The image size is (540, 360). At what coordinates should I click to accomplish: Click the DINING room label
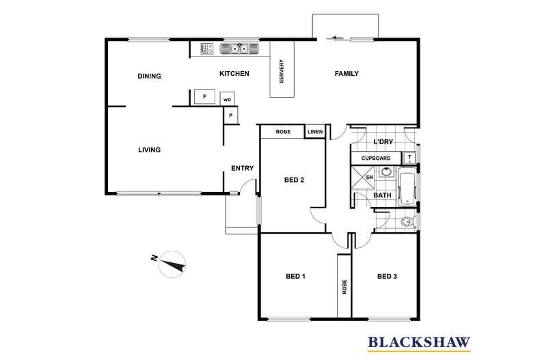(149, 76)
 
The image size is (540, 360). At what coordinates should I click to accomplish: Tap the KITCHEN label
(234, 74)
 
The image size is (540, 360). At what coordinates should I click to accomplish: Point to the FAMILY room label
(347, 74)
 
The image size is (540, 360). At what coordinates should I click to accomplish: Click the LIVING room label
(149, 150)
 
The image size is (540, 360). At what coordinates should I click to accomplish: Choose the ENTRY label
(243, 168)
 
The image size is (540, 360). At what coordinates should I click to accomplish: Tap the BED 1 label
(295, 277)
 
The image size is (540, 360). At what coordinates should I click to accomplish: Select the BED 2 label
(294, 180)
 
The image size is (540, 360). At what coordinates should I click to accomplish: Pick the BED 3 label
(387, 277)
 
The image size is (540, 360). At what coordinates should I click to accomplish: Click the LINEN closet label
(314, 132)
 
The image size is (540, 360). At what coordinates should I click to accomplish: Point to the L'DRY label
(383, 142)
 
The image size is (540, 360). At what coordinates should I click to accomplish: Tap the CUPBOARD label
(376, 158)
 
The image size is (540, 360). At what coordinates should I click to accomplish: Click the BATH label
(381, 195)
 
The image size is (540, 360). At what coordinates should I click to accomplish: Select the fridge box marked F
(204, 96)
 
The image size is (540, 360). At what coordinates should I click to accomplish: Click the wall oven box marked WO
(228, 99)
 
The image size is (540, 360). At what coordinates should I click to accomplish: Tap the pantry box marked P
(230, 115)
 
